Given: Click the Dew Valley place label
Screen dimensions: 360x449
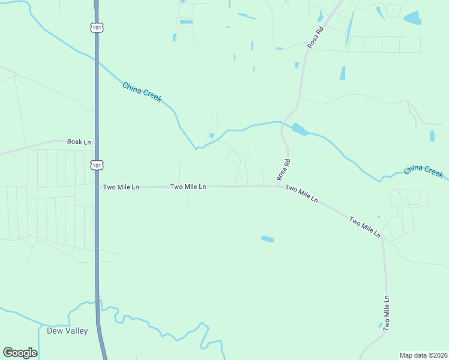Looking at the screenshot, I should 67,331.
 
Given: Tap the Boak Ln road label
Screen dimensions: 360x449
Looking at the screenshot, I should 79,142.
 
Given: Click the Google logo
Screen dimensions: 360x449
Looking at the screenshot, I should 20,353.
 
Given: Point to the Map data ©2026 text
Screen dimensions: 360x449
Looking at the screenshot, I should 423,355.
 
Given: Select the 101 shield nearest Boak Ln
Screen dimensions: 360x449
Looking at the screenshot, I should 97,164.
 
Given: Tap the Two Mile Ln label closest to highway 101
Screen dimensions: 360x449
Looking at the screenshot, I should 121,187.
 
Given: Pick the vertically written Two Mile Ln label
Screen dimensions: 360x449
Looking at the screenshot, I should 387,313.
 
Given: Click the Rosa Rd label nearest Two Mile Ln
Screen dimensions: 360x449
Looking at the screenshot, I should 284,169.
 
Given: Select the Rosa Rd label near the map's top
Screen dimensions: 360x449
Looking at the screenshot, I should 315,37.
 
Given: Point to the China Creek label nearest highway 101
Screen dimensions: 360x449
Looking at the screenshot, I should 142,92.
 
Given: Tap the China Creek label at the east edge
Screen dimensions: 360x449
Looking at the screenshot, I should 423,171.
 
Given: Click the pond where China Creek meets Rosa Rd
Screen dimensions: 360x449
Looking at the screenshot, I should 300,129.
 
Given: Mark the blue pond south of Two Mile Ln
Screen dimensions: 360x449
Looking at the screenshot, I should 267,239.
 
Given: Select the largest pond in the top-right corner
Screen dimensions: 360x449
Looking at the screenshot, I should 412,18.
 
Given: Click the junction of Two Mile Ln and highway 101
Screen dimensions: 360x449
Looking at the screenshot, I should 97,187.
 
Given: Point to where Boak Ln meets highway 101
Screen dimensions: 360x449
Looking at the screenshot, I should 96,142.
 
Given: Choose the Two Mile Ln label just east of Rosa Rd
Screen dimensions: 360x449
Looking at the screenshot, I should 301,193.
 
